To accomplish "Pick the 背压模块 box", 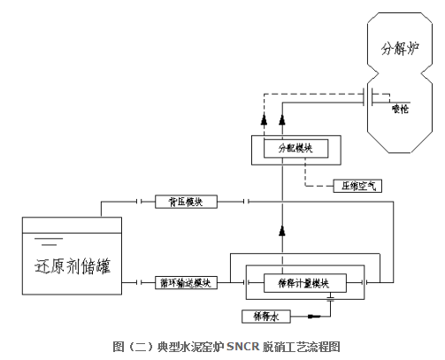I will (x=187, y=203).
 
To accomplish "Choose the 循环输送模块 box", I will (x=187, y=283).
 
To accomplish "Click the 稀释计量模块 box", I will (x=297, y=283).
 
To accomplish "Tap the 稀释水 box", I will (x=265, y=314).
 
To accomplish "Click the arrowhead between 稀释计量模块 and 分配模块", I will (x=282, y=231).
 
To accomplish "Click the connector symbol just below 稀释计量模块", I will (x=330, y=301).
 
